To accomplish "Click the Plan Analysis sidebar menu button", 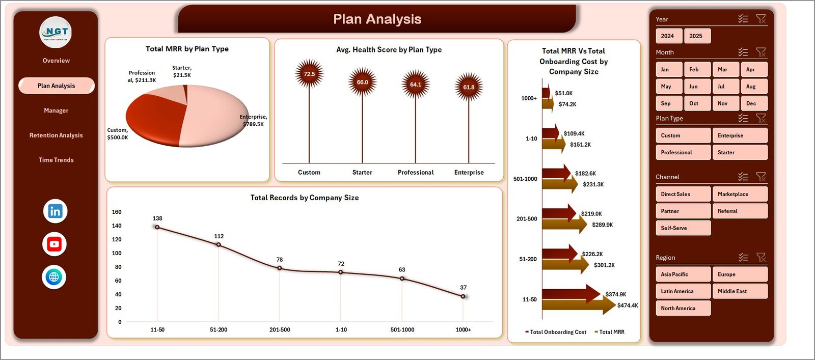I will [56, 86].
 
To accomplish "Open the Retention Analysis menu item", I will [56, 135].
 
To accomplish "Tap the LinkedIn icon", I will [55, 211].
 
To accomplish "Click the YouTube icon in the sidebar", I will [55, 244].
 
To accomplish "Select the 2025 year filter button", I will [696, 36].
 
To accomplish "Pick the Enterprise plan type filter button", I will [739, 135].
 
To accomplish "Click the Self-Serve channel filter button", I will [683, 228].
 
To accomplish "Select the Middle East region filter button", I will [739, 291].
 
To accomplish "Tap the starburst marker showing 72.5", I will [309, 74].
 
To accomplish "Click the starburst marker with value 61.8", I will [469, 87].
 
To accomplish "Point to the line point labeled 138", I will [157, 227].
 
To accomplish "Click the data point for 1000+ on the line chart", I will [463, 296].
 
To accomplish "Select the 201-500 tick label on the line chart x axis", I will [280, 330].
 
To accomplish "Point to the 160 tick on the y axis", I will [117, 212].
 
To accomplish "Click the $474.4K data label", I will [628, 306].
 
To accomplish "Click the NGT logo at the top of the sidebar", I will [56, 32].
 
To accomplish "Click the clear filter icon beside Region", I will [761, 258].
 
